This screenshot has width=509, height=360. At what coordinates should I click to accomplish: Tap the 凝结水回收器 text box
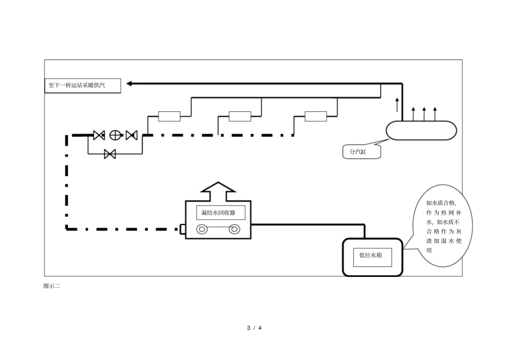coord(220,213)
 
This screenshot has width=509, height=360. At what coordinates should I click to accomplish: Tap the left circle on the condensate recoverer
coord(203,230)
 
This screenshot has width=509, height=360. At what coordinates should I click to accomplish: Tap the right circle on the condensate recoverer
coord(234,230)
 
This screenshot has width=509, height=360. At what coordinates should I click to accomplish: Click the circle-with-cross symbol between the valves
coord(115,135)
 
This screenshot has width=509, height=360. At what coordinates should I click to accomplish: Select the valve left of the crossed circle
coord(99,135)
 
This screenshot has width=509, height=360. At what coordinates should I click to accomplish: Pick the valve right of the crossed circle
coord(131,135)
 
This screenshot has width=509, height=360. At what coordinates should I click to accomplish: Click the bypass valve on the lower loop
coord(110,154)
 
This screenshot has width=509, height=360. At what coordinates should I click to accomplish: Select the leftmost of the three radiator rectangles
coord(169,116)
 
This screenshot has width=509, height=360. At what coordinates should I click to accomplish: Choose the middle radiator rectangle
coord(239,116)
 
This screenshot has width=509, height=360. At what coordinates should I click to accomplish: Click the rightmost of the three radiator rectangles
coord(316,116)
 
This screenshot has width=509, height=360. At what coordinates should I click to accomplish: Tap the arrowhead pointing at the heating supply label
coord(130,83)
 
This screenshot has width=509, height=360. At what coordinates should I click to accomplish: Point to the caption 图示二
coord(51,286)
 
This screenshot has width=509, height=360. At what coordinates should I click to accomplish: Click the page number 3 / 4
coord(254,327)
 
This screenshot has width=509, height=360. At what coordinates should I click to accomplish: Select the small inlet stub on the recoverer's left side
coord(182,230)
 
